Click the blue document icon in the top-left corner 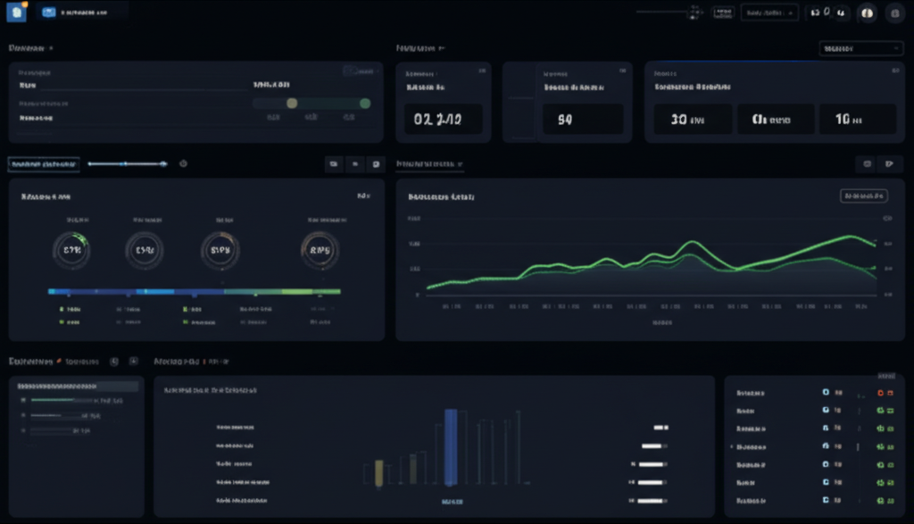[16, 12]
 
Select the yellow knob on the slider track [291, 104]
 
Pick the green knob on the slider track [364, 104]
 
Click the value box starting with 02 [443, 118]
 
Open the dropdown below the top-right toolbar [860, 48]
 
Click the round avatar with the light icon [866, 12]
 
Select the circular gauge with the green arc [71, 251]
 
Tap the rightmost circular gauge [320, 251]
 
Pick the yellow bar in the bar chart [379, 473]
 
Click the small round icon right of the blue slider [183, 163]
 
